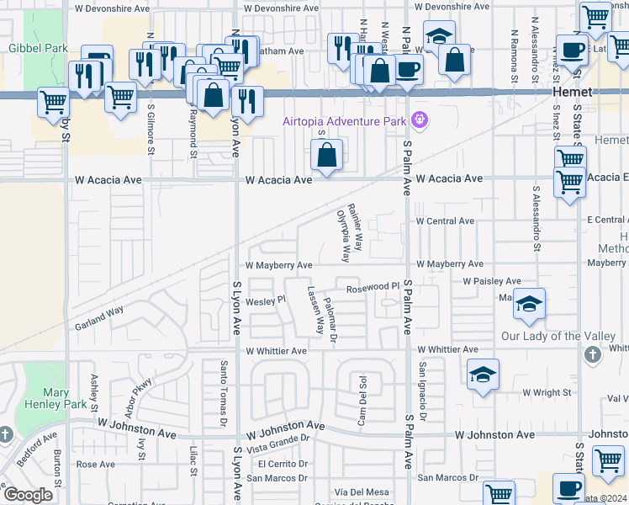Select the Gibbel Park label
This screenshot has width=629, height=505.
point(38,48)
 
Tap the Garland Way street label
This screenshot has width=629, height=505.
point(99,317)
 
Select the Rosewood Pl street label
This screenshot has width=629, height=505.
point(367,286)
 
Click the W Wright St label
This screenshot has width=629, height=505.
point(547,392)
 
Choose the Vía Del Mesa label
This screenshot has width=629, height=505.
point(362,492)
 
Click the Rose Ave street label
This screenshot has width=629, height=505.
point(95,464)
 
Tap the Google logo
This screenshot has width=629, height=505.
point(28,495)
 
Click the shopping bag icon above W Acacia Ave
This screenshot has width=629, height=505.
point(326,156)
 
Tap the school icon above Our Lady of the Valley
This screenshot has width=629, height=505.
point(530,304)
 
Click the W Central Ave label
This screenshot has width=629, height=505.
point(446,221)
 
